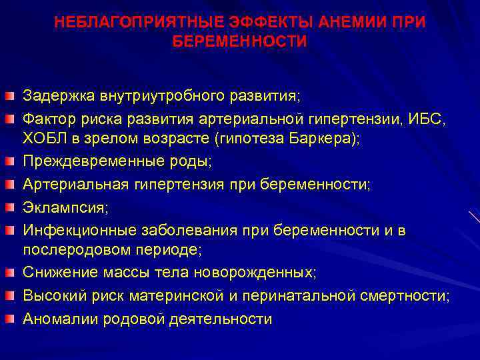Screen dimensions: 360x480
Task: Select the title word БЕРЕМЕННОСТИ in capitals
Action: click(x=240, y=42)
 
